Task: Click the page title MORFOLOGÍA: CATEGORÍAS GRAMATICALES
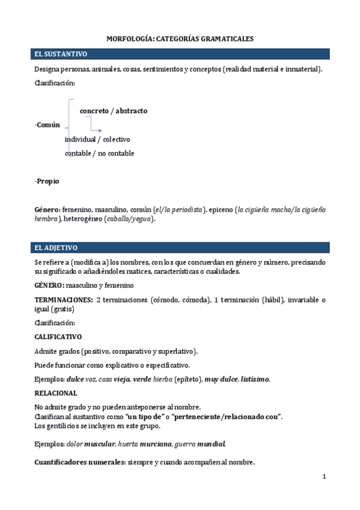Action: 180,38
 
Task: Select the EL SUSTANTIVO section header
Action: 61,54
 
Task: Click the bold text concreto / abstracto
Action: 114,111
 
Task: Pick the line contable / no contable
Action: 99,153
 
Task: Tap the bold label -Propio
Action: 47,181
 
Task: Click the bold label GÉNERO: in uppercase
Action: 50,285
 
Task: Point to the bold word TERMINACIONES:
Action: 63,300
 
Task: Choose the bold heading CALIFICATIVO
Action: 58,337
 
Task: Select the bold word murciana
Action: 156,444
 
